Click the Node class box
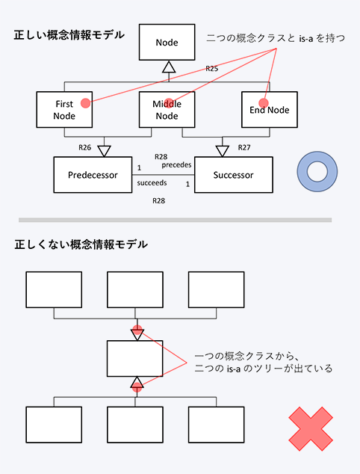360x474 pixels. [x=167, y=42]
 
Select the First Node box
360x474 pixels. [x=64, y=110]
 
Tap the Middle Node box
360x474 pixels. [x=167, y=110]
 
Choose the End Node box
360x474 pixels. [x=270, y=110]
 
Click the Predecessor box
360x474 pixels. [x=93, y=175]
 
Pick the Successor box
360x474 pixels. [x=234, y=175]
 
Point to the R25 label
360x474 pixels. [x=211, y=69]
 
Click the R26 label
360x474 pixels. [x=85, y=147]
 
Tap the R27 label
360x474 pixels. [x=244, y=147]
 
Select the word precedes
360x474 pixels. [x=176, y=165]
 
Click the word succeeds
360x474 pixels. [x=152, y=183]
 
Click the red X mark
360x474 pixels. [x=311, y=429]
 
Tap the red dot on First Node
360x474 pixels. [x=85, y=103]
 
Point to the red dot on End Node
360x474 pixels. [x=264, y=103]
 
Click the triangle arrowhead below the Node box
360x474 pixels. [x=169, y=67]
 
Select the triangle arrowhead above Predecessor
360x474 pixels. [x=105, y=151]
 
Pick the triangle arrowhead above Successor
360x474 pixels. [x=223, y=151]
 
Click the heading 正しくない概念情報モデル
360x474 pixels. [x=81, y=244]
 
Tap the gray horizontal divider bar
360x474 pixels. [x=176, y=220]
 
